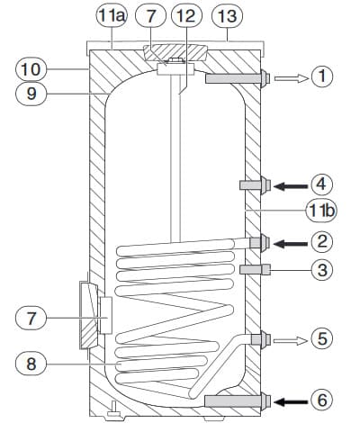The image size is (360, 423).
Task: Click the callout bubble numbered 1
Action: (x=322, y=76)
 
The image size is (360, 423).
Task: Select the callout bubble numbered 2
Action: (x=322, y=242)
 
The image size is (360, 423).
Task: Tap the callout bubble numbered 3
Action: (x=322, y=270)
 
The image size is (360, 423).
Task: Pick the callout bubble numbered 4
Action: (x=322, y=184)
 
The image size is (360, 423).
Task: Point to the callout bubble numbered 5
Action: (x=322, y=338)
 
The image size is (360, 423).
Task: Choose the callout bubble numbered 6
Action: (x=322, y=400)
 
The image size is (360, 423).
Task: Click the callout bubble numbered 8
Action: (x=31, y=364)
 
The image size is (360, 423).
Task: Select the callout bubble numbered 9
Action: (x=31, y=94)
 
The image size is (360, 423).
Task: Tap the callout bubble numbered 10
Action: (x=31, y=69)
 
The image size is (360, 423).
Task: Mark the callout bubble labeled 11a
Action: (x=112, y=16)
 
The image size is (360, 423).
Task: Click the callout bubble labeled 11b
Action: (x=321, y=211)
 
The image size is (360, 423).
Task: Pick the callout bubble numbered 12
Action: (x=186, y=16)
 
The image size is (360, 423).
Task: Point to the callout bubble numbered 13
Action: (x=227, y=16)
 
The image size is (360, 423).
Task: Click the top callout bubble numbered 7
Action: (x=150, y=16)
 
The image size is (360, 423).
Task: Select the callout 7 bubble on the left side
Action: (x=31, y=319)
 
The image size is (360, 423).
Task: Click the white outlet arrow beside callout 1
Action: (x=292, y=78)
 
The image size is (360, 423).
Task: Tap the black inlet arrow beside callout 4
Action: (x=291, y=186)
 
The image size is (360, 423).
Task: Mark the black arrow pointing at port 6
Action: (x=291, y=401)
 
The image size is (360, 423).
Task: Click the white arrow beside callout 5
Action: (x=291, y=341)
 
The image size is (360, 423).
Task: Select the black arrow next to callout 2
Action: (x=291, y=244)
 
